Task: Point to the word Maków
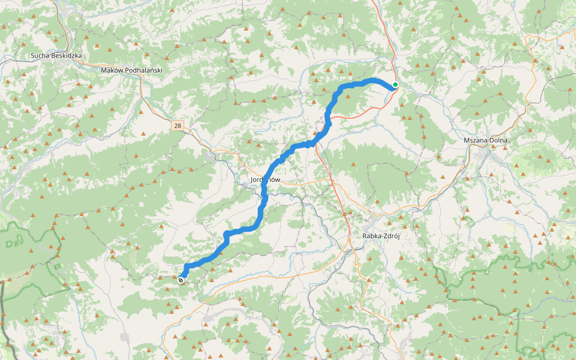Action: coord(112,70)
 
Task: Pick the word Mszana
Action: coord(477,140)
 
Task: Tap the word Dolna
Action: coord(499,140)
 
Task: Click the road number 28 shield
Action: coord(177,125)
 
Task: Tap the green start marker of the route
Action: coord(395,85)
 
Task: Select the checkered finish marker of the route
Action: coord(181,280)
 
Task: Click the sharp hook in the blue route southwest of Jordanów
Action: coord(227,235)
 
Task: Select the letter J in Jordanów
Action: coord(251,180)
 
